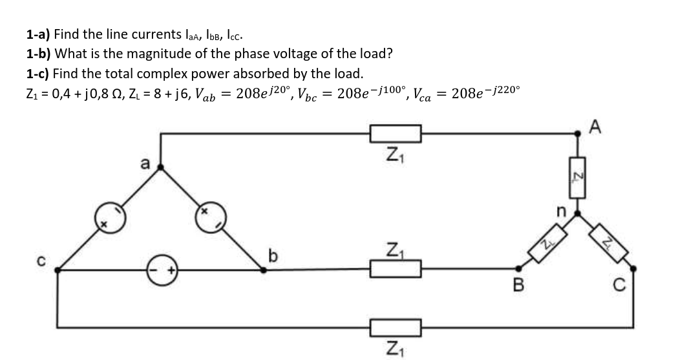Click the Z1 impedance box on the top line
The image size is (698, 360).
click(396, 134)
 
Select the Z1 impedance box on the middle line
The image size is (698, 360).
click(396, 268)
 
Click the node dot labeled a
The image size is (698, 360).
click(161, 167)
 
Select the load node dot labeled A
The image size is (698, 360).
click(577, 134)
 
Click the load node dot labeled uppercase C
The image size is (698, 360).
click(633, 268)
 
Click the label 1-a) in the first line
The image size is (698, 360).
click(39, 34)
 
